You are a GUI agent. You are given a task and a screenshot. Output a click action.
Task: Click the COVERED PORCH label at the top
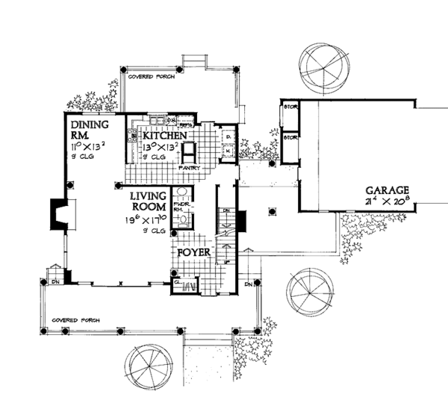(x=146, y=77)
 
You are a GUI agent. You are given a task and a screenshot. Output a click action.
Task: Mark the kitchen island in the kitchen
(x=190, y=152)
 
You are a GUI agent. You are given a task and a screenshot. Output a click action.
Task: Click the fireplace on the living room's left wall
(x=58, y=215)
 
